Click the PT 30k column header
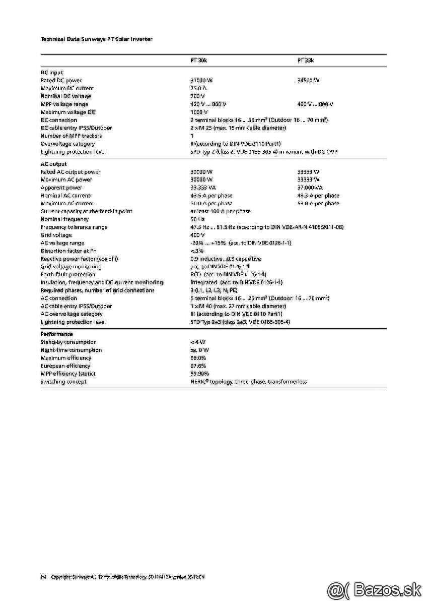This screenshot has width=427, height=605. point(198,60)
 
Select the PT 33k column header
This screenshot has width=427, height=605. point(305,60)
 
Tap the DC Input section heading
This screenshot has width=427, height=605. point(52,73)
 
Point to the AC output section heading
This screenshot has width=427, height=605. point(53,164)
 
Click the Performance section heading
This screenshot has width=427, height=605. point(56,334)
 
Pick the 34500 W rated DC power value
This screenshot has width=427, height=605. point(308,81)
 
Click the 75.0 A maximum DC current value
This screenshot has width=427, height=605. point(198,88)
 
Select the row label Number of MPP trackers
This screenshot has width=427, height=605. point(71,136)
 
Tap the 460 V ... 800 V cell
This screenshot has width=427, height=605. point(315,104)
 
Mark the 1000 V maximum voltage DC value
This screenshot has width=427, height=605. point(199,112)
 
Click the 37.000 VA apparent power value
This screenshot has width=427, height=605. point(310,188)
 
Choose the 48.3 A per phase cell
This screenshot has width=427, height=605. point(318,196)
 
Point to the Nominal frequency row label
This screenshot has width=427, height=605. point(64,219)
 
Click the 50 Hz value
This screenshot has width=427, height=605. point(197,219)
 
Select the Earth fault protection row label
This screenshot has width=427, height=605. point(68,275)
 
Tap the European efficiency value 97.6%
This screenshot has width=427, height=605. point(198,366)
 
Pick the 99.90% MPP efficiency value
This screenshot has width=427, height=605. point(199,374)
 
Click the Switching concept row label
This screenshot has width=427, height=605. point(63,382)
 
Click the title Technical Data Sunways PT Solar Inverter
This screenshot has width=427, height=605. point(96,39)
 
